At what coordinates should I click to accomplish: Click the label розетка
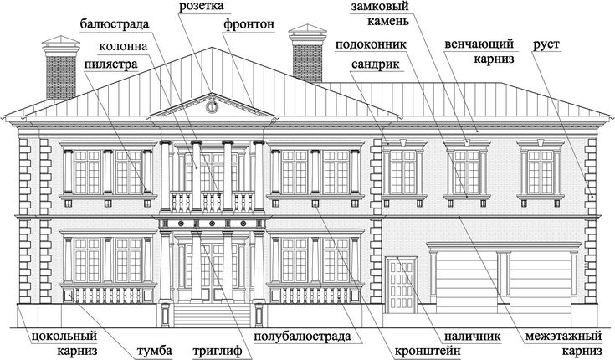[201, 6]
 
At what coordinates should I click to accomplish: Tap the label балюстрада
[115, 24]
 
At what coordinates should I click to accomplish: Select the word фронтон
[249, 24]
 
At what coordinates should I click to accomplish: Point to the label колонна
[123, 46]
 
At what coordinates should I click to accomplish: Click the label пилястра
[111, 64]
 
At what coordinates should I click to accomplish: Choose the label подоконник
[371, 44]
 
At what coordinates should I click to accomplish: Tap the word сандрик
[376, 64]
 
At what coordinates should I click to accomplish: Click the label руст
[546, 44]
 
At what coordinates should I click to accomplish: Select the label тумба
[154, 351]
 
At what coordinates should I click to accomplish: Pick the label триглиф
[218, 351]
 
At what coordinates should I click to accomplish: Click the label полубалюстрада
[302, 337]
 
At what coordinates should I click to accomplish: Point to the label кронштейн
[428, 351]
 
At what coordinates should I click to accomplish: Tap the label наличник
[472, 337]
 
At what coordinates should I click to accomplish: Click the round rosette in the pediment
[212, 107]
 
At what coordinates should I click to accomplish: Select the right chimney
[308, 54]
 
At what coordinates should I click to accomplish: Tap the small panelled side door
[402, 285]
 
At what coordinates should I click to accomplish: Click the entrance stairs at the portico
[212, 316]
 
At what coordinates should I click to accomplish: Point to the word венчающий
[479, 44]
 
